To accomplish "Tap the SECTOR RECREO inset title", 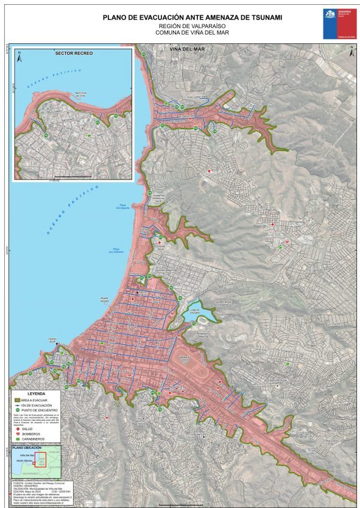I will click(x=74, y=54).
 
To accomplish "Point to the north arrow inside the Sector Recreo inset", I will click(x=19, y=59).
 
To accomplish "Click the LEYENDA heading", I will click(x=36, y=393).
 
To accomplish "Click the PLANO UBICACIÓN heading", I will click(x=26, y=448).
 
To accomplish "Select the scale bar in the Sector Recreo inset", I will click(x=74, y=177).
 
